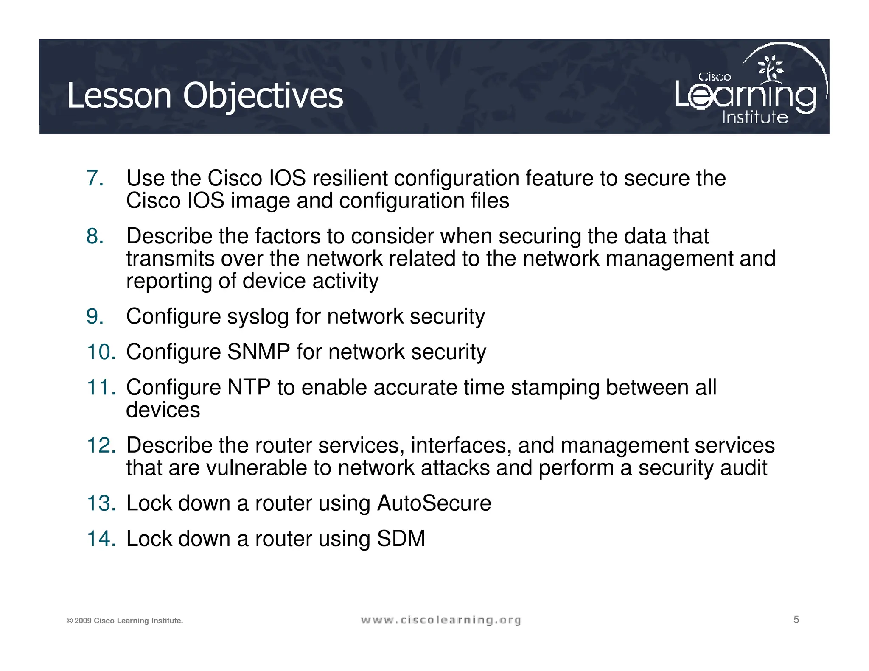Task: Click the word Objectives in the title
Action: pos(263,96)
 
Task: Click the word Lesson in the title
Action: pos(119,96)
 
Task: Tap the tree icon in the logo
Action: pos(771,68)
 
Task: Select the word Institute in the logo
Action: pos(755,117)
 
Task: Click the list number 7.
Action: pos(95,178)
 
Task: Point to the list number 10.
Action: pos(101,352)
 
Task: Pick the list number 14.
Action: pos(101,539)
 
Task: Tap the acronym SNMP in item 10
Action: pos(259,352)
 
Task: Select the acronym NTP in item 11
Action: pos(249,388)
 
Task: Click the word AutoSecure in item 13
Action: pos(434,503)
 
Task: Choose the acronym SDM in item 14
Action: pos(401,539)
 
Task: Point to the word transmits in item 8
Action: pos(170,259)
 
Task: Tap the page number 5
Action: pos(796,620)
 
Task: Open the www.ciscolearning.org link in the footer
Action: pos(441,621)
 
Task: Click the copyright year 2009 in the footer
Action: pos(83,621)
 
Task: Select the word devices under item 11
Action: pos(163,410)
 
